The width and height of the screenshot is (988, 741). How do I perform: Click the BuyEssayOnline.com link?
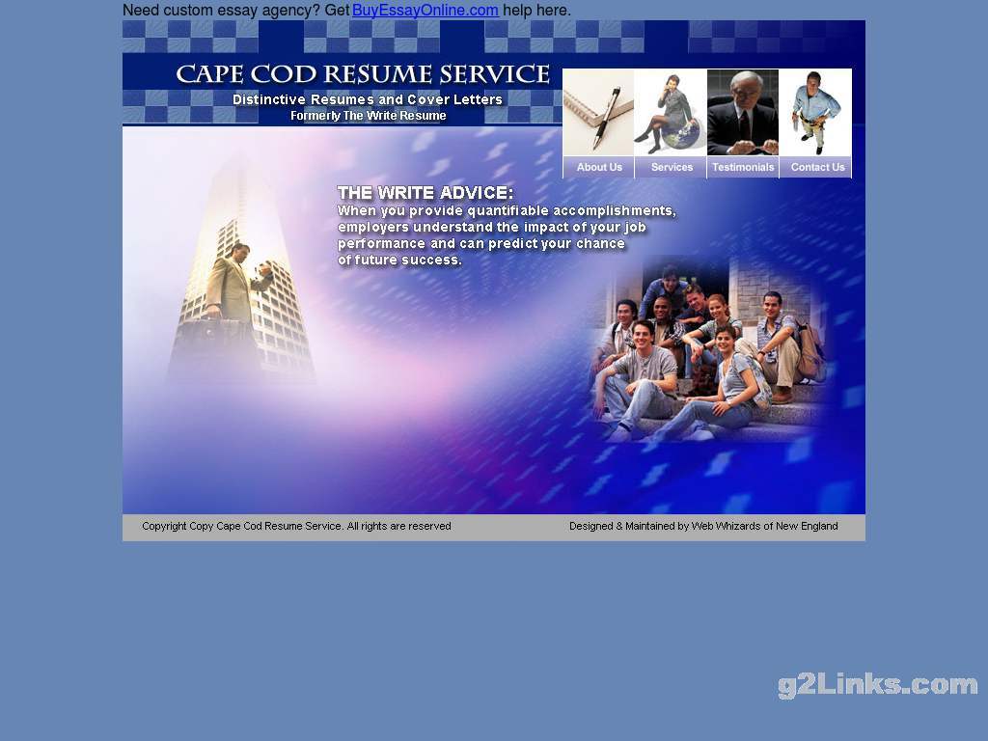pyautogui.click(x=425, y=10)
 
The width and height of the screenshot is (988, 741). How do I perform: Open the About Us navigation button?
pyautogui.click(x=598, y=167)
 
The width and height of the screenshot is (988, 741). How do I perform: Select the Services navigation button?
pyautogui.click(x=672, y=167)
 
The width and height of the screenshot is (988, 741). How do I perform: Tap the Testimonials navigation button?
pyautogui.click(x=743, y=167)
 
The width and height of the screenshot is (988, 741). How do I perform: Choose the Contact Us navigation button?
pyautogui.click(x=817, y=167)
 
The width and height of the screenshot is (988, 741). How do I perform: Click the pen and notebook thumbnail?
pyautogui.click(x=598, y=112)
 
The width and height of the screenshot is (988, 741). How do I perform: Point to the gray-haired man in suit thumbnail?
pyautogui.click(x=743, y=112)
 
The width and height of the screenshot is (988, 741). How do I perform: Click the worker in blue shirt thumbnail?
pyautogui.click(x=815, y=112)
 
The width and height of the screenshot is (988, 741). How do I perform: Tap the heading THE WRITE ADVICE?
pyautogui.click(x=425, y=193)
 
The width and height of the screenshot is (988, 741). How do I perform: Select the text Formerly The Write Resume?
pyautogui.click(x=368, y=116)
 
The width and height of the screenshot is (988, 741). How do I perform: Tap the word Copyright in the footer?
pyautogui.click(x=164, y=526)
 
